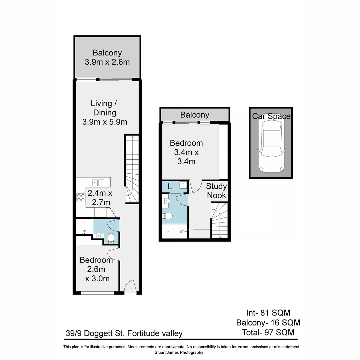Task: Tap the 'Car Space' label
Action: [271, 116]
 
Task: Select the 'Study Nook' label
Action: [216, 191]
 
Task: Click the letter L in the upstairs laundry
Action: [170, 187]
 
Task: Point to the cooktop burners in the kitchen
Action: [81, 198]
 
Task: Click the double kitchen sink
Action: [98, 182]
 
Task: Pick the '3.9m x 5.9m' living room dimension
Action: [105, 122]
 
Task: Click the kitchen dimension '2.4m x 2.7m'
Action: [99, 197]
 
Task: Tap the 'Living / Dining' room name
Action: [105, 108]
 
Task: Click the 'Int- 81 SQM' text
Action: [268, 313]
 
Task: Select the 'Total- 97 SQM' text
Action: [268, 332]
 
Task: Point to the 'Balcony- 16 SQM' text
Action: [268, 323]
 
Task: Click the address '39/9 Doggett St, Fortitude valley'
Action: [124, 333]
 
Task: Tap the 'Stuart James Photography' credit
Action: [179, 352]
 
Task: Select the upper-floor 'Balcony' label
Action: [195, 115]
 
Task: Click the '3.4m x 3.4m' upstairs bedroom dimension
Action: [186, 157]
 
